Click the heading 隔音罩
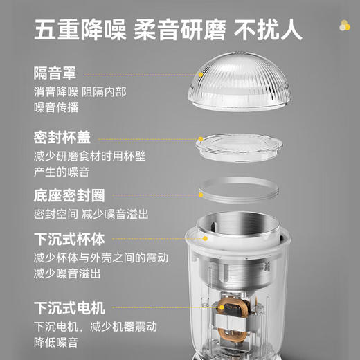[x=55, y=73]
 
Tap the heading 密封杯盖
[x=62, y=137]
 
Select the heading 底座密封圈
[x=68, y=195]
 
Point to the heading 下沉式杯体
[x=69, y=240]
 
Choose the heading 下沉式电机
[x=69, y=307]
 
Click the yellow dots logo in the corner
[x=344, y=26]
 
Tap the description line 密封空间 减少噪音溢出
[x=91, y=214]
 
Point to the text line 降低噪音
[x=55, y=342]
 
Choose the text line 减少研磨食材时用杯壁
[x=90, y=156]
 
